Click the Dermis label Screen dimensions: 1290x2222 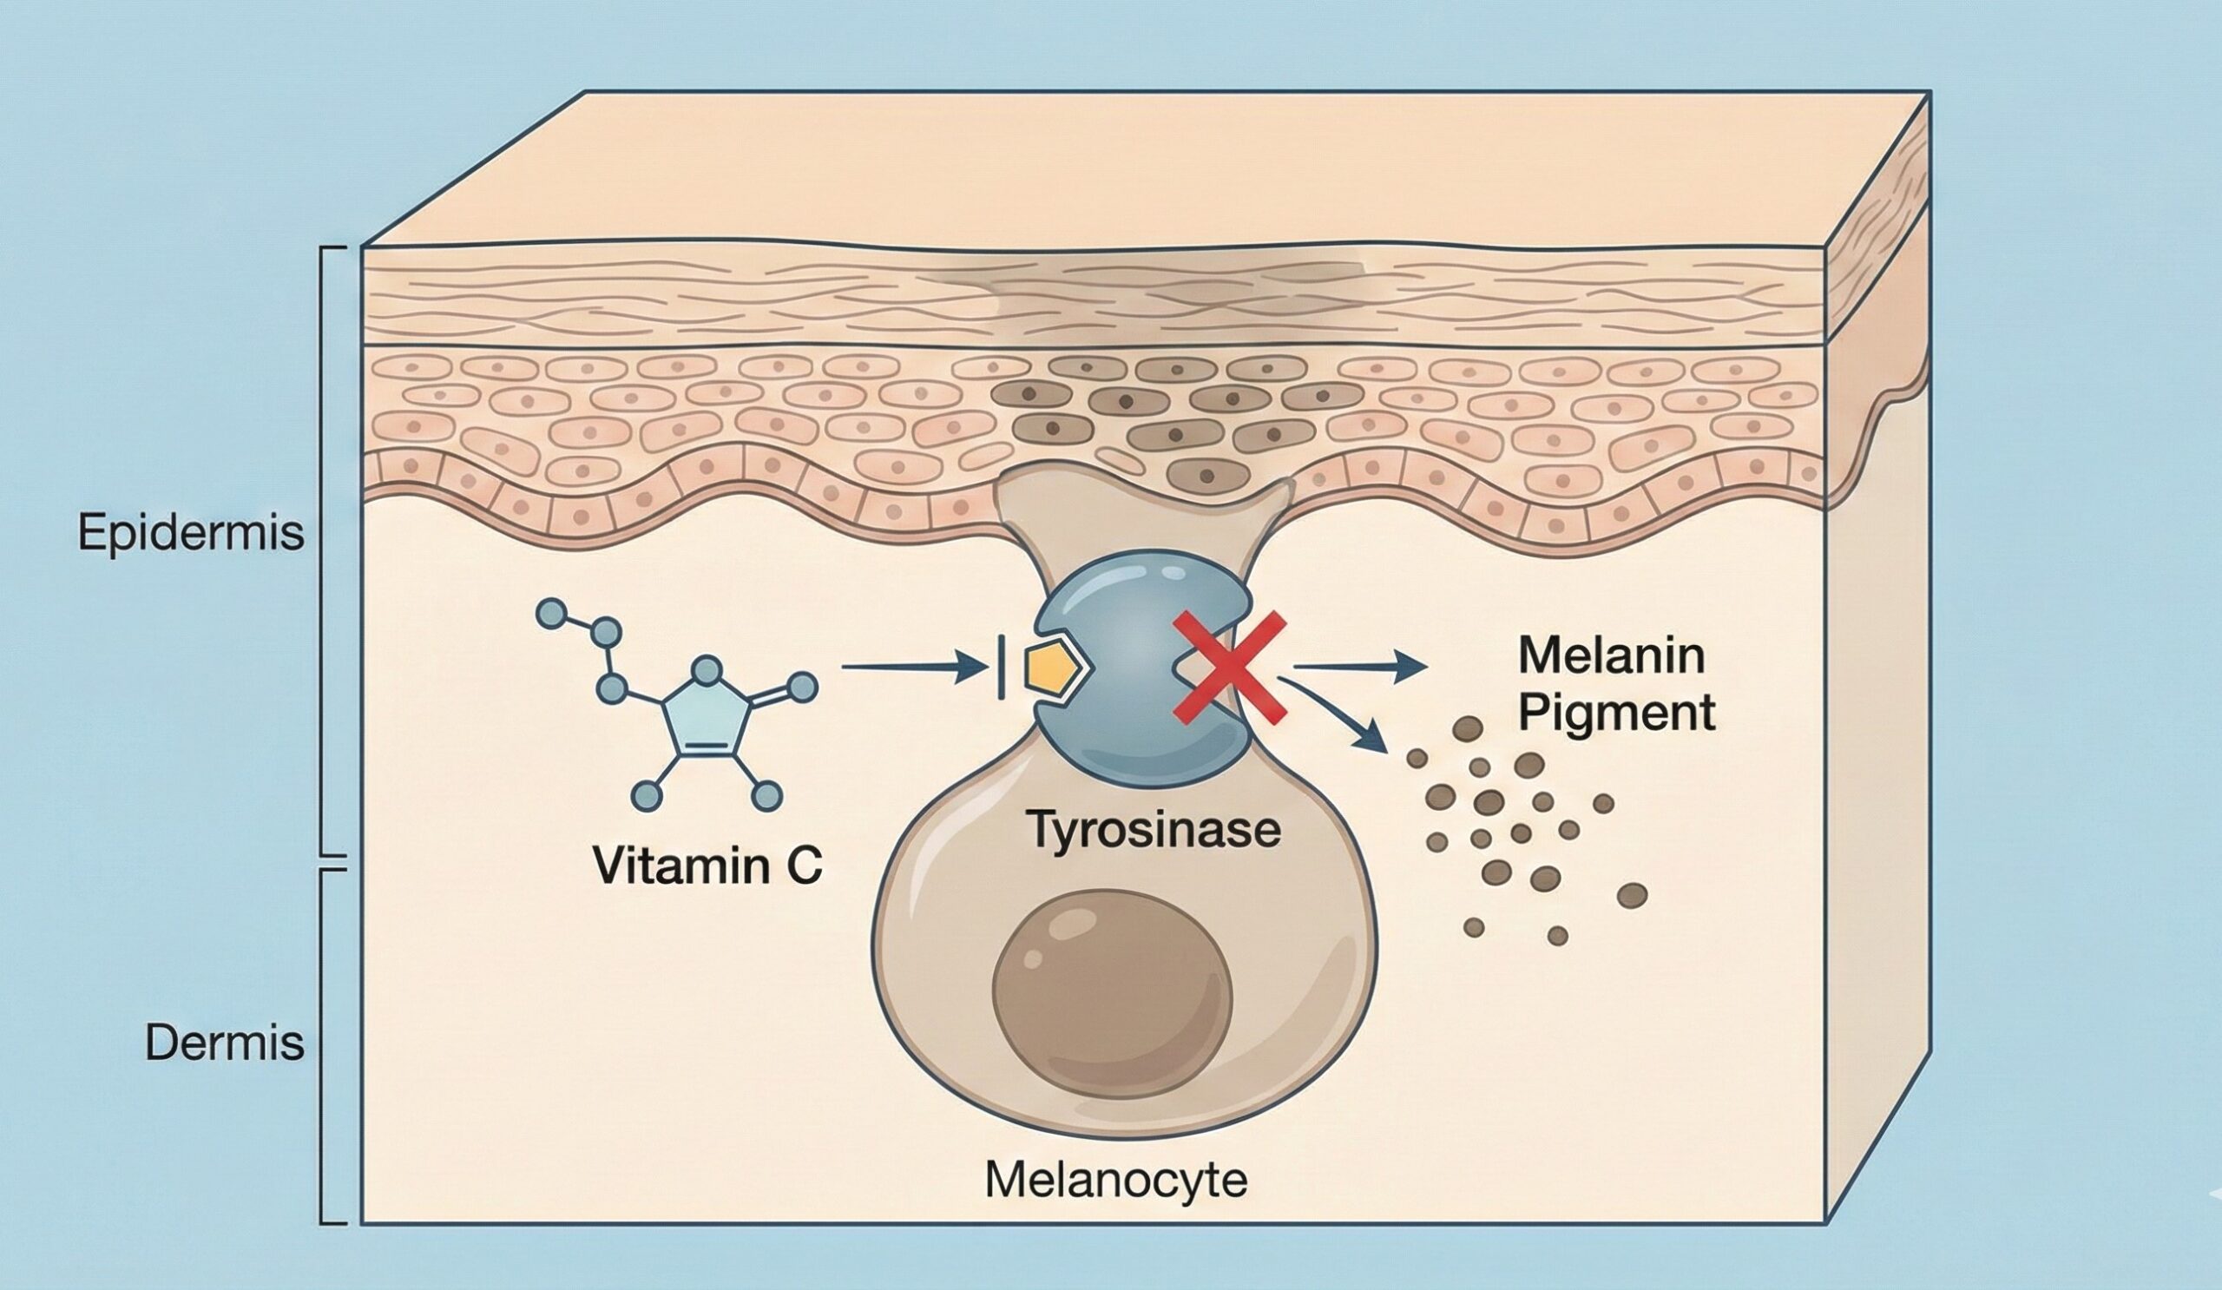point(224,1043)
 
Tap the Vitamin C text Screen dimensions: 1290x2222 point(707,865)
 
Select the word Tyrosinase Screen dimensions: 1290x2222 point(1154,830)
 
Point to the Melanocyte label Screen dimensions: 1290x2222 point(1115,1179)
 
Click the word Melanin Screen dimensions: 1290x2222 point(1611,656)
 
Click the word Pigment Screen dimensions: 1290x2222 point(1616,713)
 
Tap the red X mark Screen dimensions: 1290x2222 point(1229,668)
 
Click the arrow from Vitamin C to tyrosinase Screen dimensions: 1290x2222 point(912,668)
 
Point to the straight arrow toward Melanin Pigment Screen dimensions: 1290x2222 point(1358,668)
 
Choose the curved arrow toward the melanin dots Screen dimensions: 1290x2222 point(1340,714)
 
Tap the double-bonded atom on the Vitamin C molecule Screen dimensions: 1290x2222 point(801,688)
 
